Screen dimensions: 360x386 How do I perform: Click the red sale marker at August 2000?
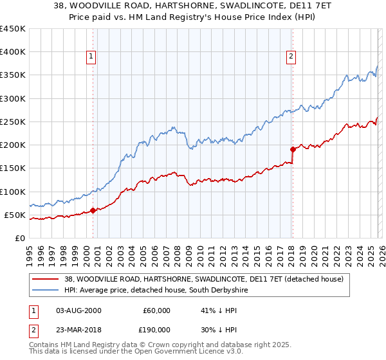93,210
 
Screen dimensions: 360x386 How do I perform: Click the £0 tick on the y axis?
19,238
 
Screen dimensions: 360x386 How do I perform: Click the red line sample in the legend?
46,279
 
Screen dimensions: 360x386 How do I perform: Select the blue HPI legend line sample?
46,291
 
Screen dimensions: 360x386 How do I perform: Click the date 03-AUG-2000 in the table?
78,310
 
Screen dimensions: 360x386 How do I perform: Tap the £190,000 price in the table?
156,329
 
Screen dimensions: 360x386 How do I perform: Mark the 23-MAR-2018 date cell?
78,329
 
